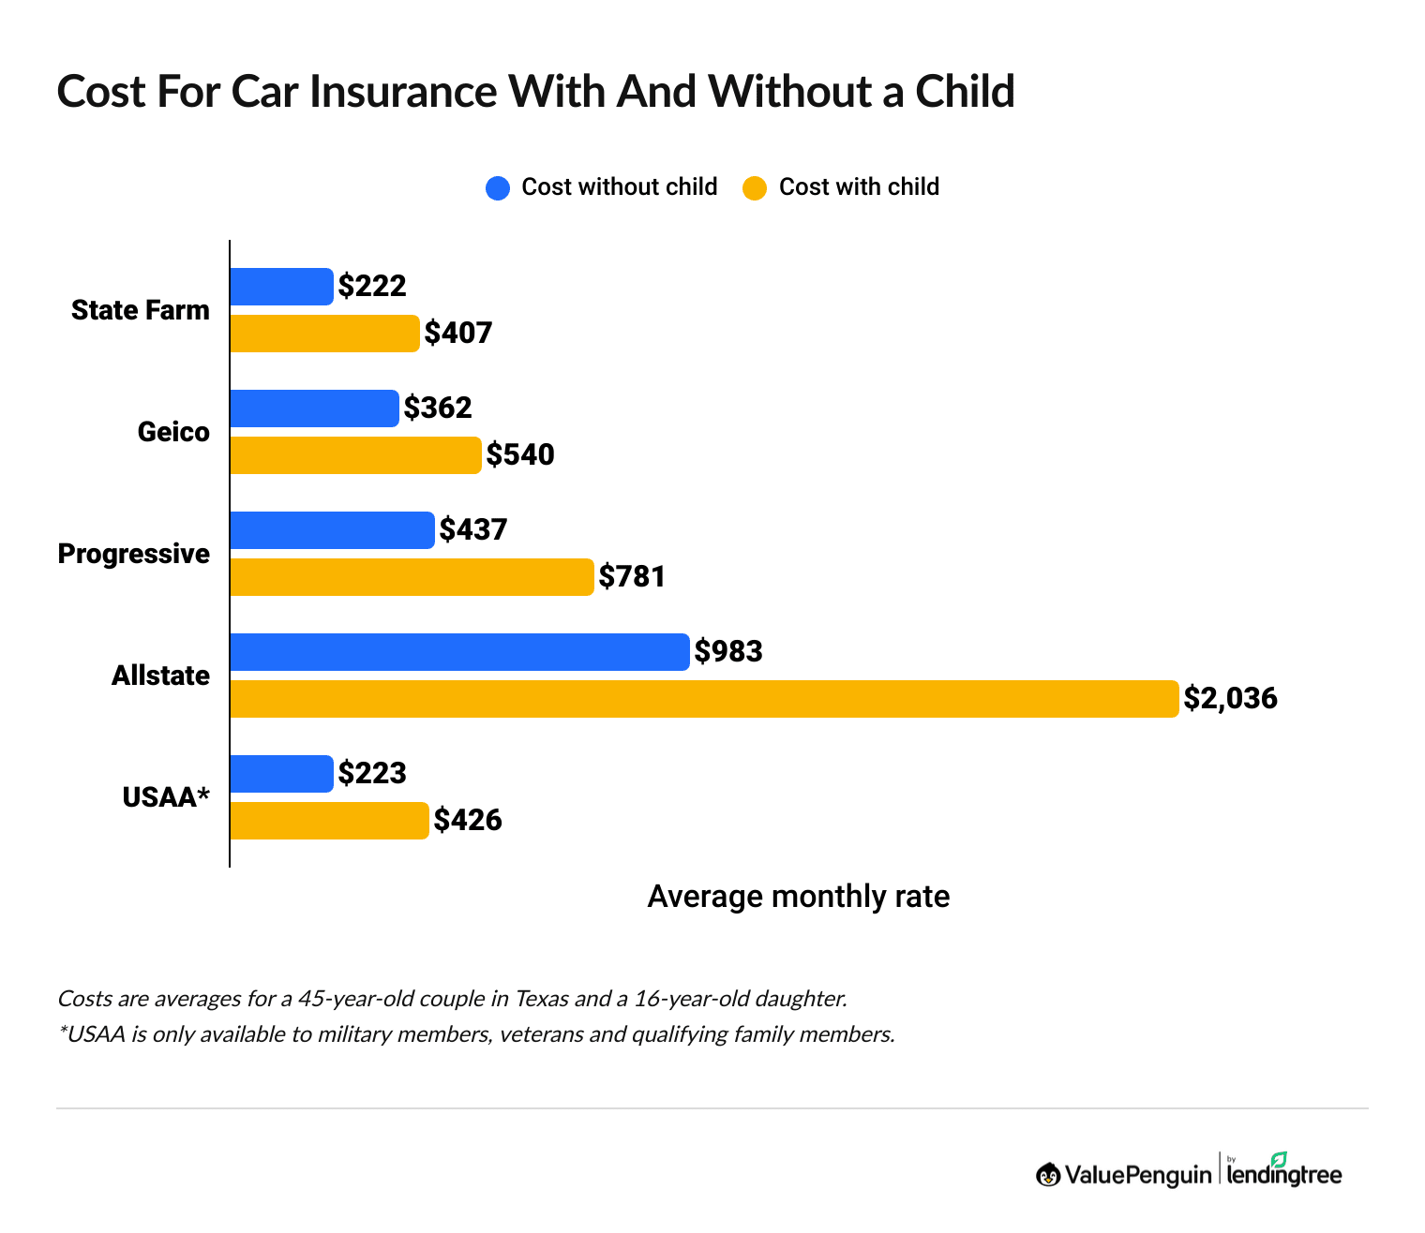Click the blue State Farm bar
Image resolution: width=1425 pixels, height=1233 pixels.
(x=281, y=287)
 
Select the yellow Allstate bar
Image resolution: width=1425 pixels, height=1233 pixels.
(x=703, y=699)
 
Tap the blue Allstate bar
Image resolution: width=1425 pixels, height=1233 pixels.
(x=459, y=652)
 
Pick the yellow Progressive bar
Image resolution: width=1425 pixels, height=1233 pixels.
(x=412, y=577)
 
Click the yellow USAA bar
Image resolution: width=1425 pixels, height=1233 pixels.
(x=329, y=821)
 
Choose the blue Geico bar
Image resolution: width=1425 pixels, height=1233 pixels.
(x=314, y=409)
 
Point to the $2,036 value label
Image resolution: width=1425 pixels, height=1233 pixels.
(x=1230, y=698)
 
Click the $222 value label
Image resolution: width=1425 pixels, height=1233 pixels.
(x=372, y=286)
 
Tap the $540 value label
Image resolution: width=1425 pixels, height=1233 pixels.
(x=520, y=455)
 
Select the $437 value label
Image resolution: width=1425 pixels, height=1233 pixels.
(x=473, y=529)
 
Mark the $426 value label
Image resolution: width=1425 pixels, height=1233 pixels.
(x=468, y=821)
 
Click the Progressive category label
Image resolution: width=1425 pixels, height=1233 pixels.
(x=133, y=554)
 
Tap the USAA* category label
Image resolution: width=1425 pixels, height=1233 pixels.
(x=166, y=797)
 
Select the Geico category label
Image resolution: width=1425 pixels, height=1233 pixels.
(x=173, y=432)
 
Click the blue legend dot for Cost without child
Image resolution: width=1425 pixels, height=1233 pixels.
(x=498, y=187)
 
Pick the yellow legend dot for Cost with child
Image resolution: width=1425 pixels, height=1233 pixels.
(x=755, y=187)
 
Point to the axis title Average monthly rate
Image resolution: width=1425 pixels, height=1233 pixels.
(x=798, y=897)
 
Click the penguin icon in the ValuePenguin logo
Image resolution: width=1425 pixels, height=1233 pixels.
(x=1048, y=1174)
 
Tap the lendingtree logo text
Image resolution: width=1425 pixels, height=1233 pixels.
(x=1283, y=1173)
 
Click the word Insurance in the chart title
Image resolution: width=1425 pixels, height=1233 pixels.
(x=403, y=92)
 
